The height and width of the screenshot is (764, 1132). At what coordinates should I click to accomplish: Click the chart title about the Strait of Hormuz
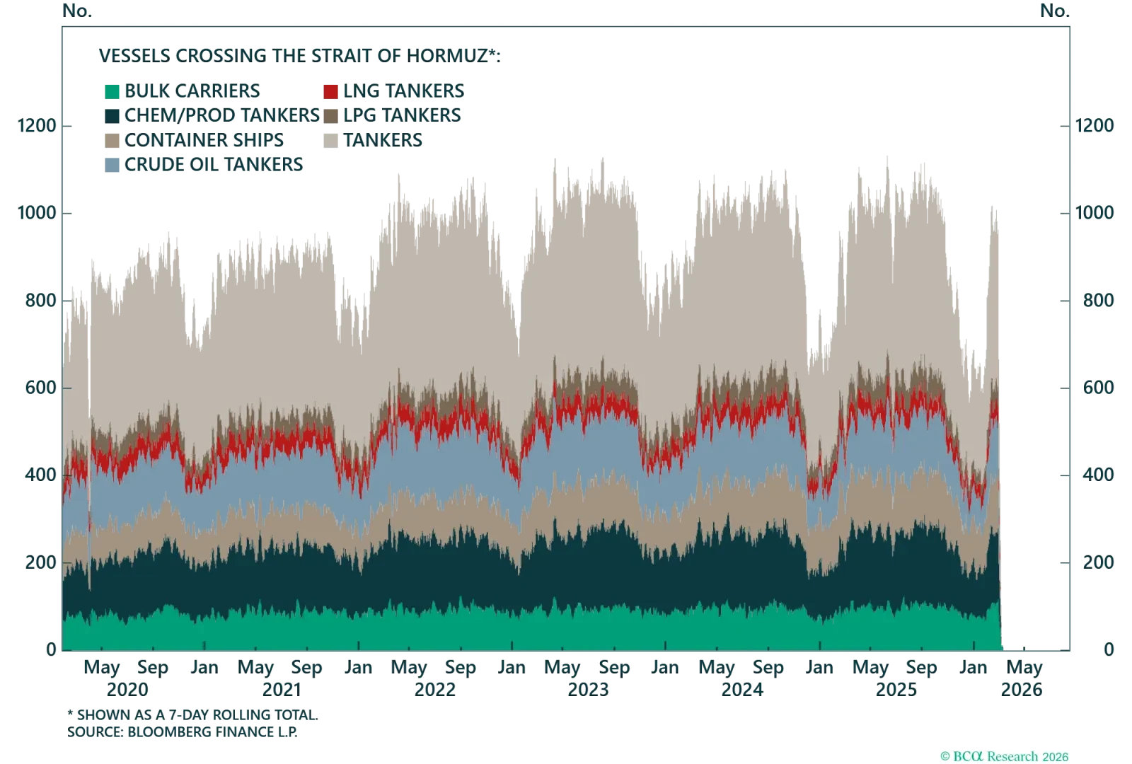click(x=300, y=55)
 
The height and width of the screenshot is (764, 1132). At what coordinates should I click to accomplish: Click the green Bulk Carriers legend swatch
click(x=112, y=91)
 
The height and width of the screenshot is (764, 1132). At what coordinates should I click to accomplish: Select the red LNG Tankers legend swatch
click(x=330, y=91)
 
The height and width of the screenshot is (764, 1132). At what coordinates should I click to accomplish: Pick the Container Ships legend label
click(x=205, y=139)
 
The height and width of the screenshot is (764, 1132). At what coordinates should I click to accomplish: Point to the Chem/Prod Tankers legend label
click(x=220, y=115)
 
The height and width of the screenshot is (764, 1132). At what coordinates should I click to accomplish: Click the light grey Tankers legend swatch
click(x=330, y=139)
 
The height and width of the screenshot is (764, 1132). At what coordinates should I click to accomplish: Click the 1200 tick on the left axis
click(x=37, y=127)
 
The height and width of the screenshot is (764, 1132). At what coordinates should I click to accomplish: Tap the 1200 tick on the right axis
click(x=1094, y=127)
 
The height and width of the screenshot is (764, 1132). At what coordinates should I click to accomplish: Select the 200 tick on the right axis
click(x=1094, y=563)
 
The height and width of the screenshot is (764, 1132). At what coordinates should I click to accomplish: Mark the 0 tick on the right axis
click(x=1109, y=648)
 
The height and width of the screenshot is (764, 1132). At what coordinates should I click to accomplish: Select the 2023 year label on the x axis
click(x=589, y=688)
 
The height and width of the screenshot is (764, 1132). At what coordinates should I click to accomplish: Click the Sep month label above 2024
click(x=766, y=667)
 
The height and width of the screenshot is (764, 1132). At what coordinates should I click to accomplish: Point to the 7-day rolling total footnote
click(x=195, y=716)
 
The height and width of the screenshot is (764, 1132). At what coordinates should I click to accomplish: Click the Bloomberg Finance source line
click(x=183, y=733)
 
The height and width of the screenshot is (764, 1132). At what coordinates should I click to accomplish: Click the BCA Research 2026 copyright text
click(x=1006, y=756)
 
